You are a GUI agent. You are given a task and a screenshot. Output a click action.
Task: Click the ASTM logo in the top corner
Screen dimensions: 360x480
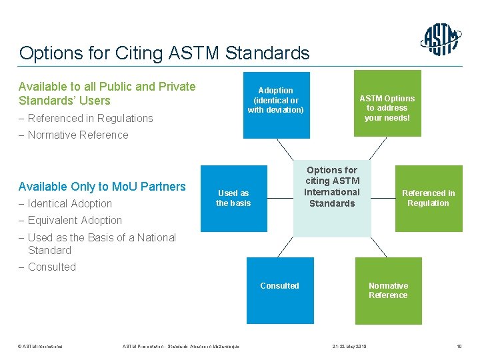(441, 40)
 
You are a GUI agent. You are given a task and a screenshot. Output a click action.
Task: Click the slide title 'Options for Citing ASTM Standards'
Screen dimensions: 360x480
(164, 53)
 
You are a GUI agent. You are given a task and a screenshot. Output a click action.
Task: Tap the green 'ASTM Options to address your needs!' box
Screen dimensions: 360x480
(387, 104)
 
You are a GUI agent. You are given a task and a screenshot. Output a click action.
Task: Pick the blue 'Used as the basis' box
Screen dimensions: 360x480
(233, 198)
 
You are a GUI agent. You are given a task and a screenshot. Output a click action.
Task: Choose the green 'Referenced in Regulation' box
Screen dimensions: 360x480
(428, 198)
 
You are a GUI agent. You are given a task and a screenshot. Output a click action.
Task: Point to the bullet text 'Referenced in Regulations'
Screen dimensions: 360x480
(90, 119)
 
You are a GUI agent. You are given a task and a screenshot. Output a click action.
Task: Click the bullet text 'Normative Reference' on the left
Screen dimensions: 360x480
(77, 135)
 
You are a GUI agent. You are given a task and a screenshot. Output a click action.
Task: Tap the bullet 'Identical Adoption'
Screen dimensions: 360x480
(69, 204)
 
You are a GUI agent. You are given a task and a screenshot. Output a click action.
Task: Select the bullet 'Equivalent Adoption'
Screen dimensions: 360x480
(75, 221)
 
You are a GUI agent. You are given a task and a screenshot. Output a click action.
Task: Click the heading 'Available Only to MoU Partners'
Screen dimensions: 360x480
(102, 187)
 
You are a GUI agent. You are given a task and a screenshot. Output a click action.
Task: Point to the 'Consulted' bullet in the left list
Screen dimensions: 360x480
(51, 267)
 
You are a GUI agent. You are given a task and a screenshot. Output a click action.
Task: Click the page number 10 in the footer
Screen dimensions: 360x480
(458, 345)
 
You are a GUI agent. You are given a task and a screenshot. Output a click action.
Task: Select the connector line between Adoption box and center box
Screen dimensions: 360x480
(285, 149)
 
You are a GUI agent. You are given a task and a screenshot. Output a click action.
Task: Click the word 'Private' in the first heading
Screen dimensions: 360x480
(175, 87)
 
